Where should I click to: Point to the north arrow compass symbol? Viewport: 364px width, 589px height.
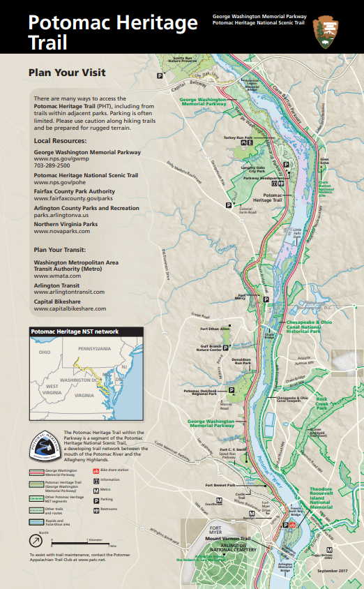pos(33,539)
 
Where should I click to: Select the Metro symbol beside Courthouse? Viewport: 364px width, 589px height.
pos(219,501)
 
